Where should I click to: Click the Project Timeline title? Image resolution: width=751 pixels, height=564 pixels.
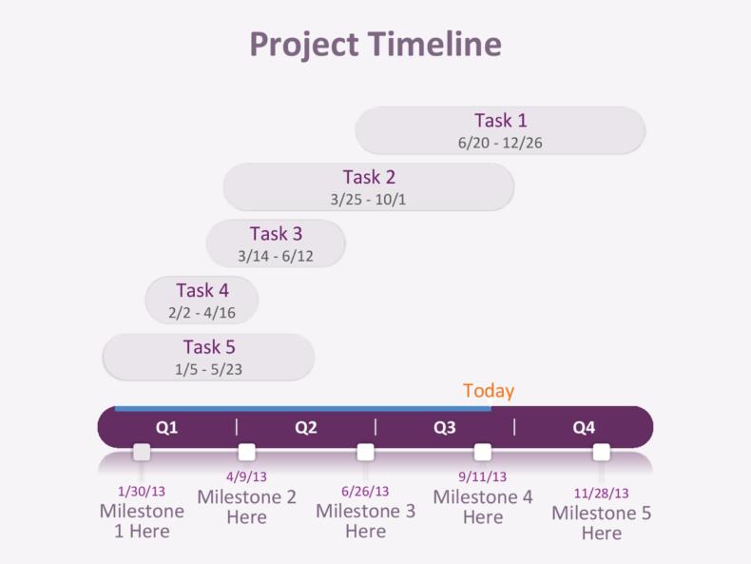[375, 45]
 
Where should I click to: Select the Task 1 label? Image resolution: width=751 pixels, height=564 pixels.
[501, 121]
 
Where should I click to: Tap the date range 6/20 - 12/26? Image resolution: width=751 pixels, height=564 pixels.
[500, 144]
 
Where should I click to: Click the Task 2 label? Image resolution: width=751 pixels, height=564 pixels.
[369, 177]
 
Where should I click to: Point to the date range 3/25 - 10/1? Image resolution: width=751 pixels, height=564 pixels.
[369, 200]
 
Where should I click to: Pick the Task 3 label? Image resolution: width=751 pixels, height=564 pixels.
[276, 233]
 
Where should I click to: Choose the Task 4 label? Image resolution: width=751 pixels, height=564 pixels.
[202, 290]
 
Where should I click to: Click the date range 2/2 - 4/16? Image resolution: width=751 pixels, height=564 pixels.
[202, 313]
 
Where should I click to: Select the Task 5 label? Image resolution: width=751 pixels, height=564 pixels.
[209, 347]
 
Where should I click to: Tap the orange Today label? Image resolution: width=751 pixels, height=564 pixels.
[489, 391]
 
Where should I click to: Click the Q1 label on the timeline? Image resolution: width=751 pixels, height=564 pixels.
[166, 428]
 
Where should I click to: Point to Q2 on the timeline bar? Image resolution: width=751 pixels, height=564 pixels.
[305, 428]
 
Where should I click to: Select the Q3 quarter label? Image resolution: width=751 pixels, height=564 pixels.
[445, 428]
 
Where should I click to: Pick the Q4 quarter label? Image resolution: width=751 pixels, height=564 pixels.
[584, 428]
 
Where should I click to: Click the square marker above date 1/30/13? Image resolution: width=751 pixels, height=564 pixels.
[142, 452]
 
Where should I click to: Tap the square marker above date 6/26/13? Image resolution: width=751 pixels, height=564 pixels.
[365, 452]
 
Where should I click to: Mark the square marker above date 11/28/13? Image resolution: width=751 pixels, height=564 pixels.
[602, 452]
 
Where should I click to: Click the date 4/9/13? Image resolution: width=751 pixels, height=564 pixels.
[246, 476]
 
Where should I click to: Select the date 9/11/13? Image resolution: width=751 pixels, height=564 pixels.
[483, 476]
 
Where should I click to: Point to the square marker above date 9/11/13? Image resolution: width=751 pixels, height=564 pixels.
[483, 452]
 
